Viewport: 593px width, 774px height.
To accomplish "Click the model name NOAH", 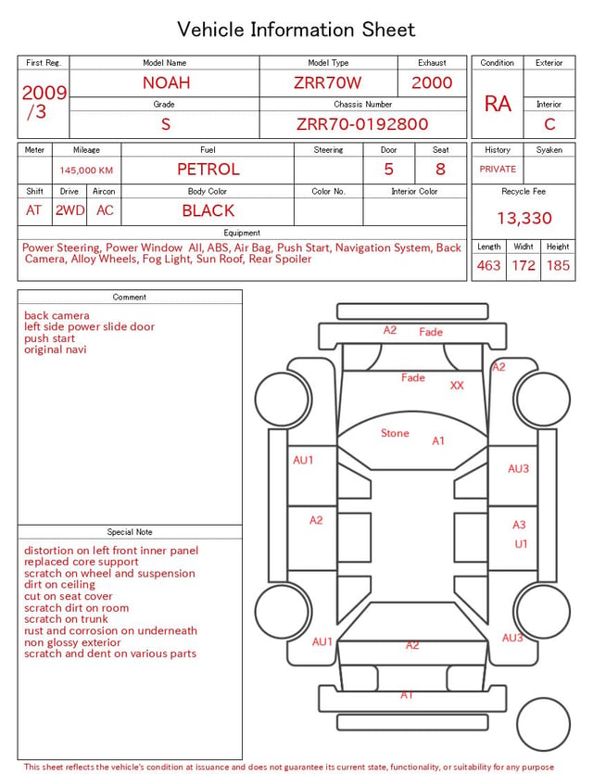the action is (166, 82).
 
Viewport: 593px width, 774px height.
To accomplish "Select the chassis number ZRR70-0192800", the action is (362, 124).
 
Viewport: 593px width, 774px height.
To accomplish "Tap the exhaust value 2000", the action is (432, 82).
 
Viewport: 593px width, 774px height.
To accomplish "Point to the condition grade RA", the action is (498, 104).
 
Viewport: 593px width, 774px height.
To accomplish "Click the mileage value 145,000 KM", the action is (86, 171).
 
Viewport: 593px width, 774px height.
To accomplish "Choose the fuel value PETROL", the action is (208, 170).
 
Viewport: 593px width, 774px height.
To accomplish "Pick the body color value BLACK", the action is (208, 210).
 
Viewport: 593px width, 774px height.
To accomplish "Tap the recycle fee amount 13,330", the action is (524, 218).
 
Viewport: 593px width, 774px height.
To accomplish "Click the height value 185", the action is (558, 265).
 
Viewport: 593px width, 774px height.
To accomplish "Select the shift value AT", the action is (33, 210).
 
